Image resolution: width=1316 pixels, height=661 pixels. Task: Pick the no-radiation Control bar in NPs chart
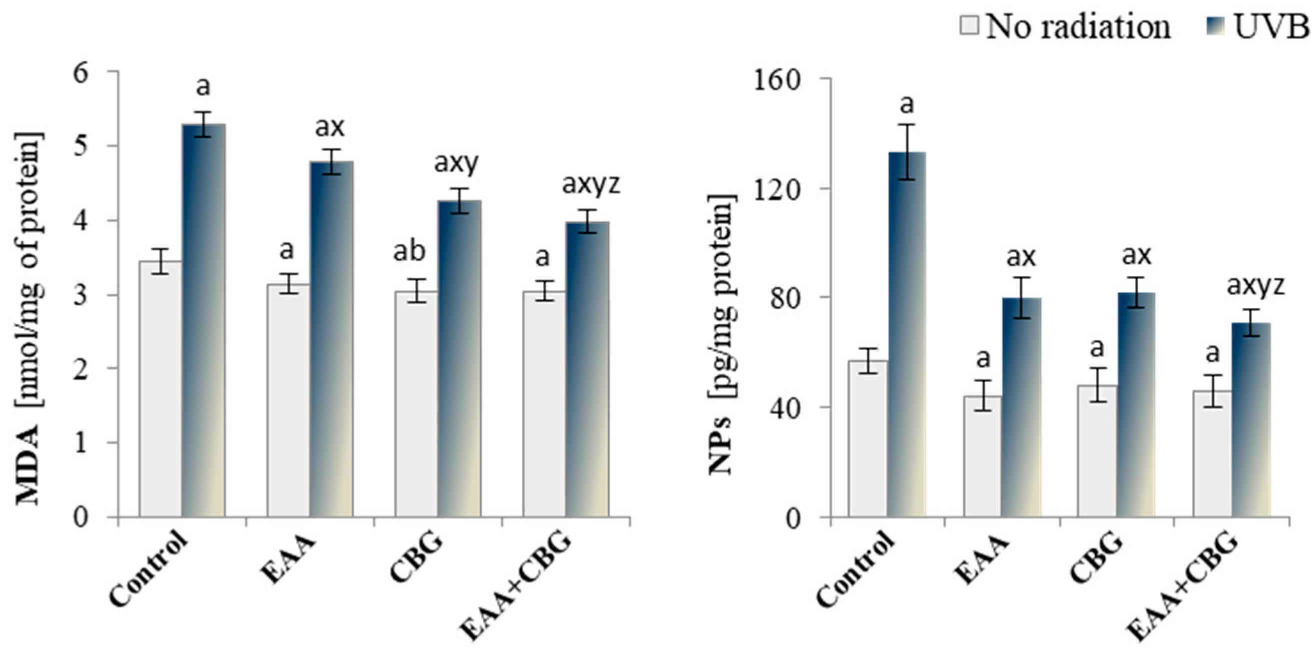[868, 439]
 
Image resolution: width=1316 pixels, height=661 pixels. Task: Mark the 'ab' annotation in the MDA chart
[409, 251]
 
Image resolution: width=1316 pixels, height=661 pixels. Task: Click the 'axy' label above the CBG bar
[457, 163]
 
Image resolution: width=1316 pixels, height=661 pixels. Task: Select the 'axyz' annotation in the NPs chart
[1256, 285]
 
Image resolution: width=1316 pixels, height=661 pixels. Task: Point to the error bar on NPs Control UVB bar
[907, 152]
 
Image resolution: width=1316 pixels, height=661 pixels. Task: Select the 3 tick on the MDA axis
[82, 295]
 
